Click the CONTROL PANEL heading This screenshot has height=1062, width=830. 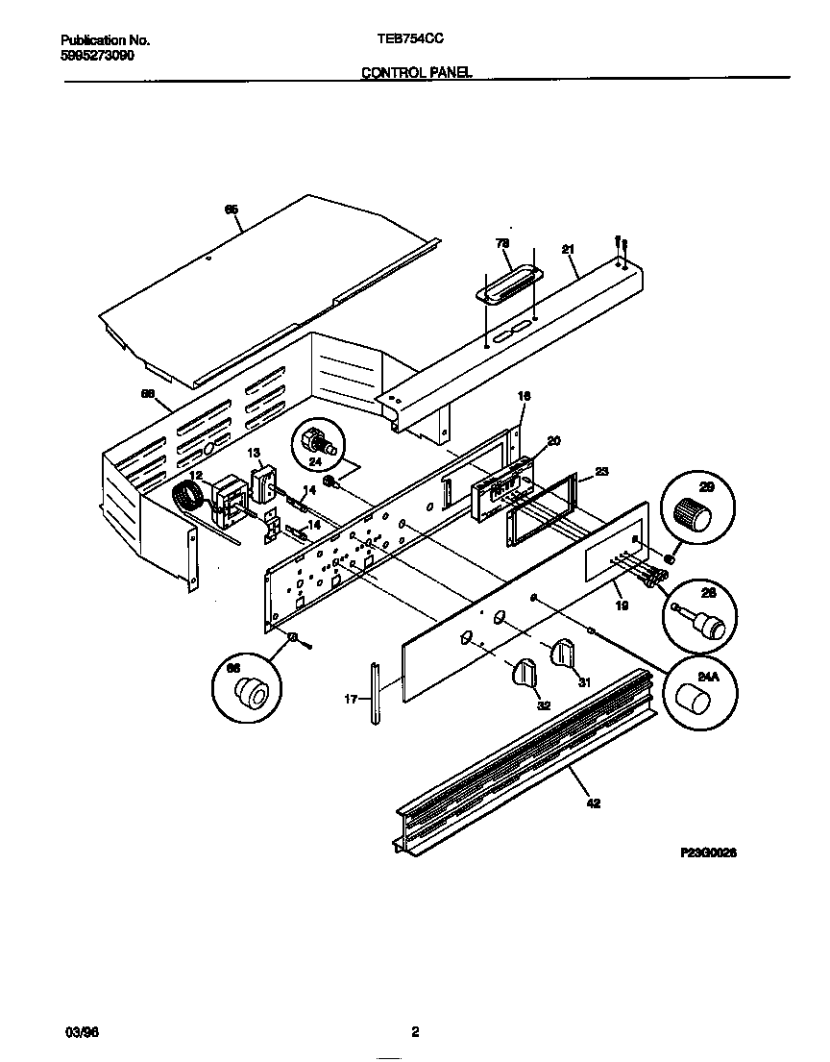pyautogui.click(x=416, y=72)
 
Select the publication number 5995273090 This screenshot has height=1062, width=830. pyautogui.click(x=97, y=56)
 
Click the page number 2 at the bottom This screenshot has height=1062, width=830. pyautogui.click(x=415, y=1033)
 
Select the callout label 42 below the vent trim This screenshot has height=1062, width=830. pyautogui.click(x=593, y=803)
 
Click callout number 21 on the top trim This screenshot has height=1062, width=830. pyautogui.click(x=568, y=250)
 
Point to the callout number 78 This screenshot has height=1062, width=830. pyautogui.click(x=501, y=243)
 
